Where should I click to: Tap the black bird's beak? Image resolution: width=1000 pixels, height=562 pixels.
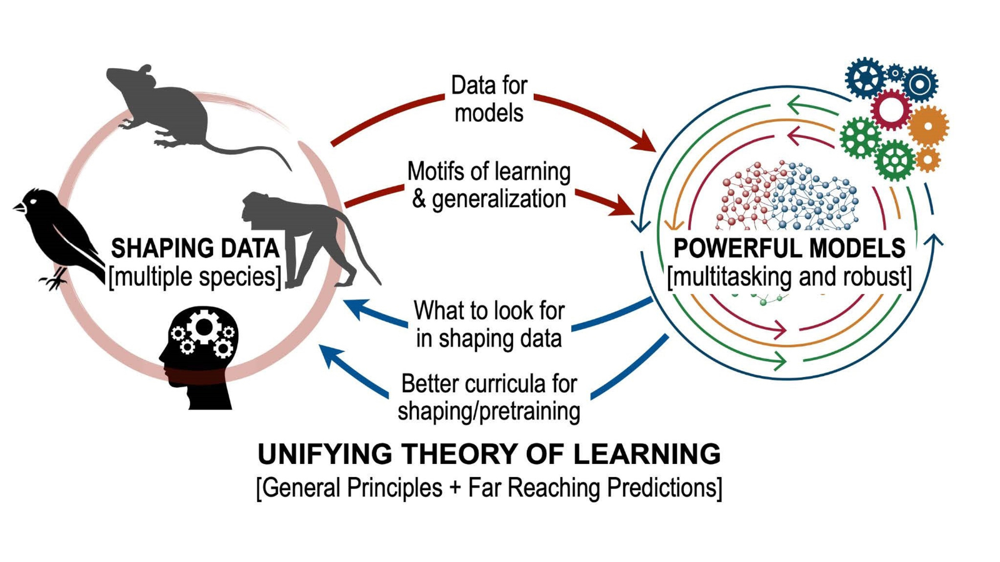(x=19, y=206)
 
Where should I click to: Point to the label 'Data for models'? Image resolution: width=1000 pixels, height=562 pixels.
(x=489, y=99)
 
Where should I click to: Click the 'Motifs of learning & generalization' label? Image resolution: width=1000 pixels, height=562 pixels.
(x=489, y=185)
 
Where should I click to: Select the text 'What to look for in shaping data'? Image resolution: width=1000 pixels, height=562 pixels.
(x=489, y=324)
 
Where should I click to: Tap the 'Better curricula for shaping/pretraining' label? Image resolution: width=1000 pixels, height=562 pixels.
(x=489, y=397)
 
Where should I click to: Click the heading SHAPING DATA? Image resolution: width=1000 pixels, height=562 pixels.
(x=195, y=249)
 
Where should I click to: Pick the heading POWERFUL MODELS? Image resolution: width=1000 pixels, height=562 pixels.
(x=789, y=249)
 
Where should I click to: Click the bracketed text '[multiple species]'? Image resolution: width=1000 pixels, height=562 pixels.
(x=195, y=276)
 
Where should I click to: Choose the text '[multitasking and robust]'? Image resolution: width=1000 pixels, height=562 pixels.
(x=789, y=276)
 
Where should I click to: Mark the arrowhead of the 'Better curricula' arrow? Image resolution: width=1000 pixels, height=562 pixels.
(x=328, y=354)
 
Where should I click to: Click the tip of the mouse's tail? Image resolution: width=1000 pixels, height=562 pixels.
(x=290, y=169)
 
